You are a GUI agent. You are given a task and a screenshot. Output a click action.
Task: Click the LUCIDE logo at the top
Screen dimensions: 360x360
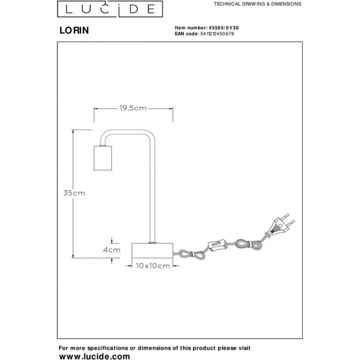(x=110, y=9)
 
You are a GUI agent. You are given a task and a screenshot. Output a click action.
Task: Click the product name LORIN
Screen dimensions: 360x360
(x=74, y=30)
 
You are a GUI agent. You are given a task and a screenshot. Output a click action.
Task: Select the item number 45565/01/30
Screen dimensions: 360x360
(x=223, y=28)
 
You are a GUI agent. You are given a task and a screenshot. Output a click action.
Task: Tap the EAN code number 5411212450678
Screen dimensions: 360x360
(x=217, y=34)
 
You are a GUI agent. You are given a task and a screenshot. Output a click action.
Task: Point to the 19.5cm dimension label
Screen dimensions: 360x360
(x=133, y=108)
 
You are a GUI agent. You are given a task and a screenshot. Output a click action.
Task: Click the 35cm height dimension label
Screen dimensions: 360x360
(x=74, y=193)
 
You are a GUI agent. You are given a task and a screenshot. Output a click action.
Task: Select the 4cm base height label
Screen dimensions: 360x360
(x=111, y=250)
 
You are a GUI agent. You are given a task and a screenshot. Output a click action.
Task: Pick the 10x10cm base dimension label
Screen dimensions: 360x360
(x=153, y=266)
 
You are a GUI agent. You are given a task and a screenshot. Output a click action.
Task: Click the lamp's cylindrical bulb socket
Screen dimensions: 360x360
(x=103, y=158)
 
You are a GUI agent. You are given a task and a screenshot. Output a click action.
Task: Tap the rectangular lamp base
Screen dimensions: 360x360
(x=152, y=250)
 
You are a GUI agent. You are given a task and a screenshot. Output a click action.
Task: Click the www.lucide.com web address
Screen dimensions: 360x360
(x=94, y=356)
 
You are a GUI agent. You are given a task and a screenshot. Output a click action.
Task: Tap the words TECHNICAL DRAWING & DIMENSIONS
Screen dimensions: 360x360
(x=257, y=4)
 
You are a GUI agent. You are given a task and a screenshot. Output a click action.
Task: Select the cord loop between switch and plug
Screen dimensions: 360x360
(x=248, y=245)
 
